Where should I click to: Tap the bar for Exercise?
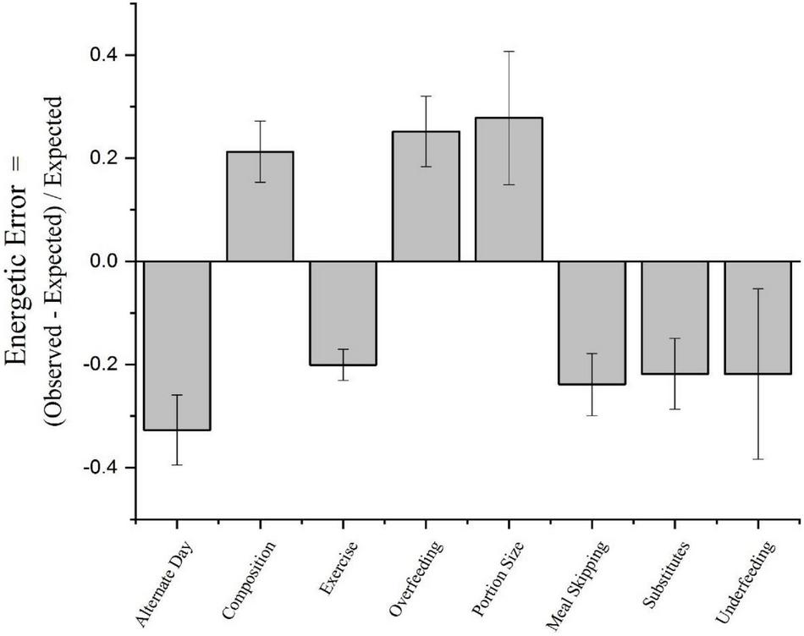click(x=343, y=313)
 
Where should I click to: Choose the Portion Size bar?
click(x=509, y=189)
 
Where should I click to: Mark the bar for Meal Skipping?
click(x=592, y=322)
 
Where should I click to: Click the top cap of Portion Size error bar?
click(x=509, y=52)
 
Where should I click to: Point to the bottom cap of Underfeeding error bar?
click(x=757, y=459)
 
